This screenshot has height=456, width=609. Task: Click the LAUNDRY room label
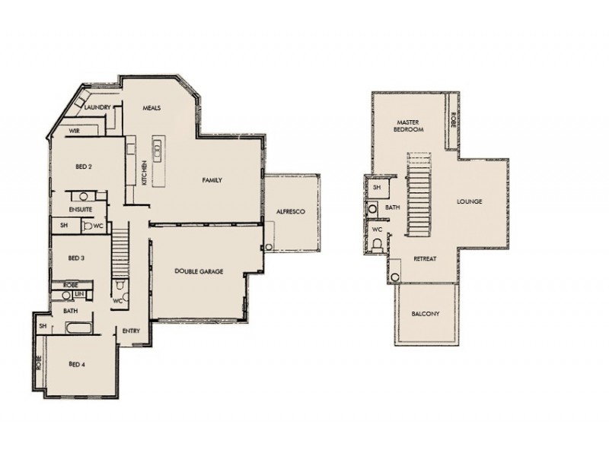98,108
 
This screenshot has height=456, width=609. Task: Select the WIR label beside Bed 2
74,131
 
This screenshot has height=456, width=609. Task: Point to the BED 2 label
84,166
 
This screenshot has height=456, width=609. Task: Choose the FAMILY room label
212,180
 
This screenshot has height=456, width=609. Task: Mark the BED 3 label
76,258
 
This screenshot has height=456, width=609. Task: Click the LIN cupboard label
80,293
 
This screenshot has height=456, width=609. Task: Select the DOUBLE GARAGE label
199,271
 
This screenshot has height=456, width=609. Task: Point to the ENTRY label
130,331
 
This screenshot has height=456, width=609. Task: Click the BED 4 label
76,364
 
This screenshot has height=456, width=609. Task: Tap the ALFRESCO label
290,212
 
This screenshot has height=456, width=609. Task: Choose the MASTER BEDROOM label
408,125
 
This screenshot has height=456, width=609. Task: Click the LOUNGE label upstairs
470,201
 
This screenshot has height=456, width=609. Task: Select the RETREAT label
424,259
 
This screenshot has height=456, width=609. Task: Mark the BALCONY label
426,313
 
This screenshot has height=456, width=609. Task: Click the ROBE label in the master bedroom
454,119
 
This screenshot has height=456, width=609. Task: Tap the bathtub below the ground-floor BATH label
80,328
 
